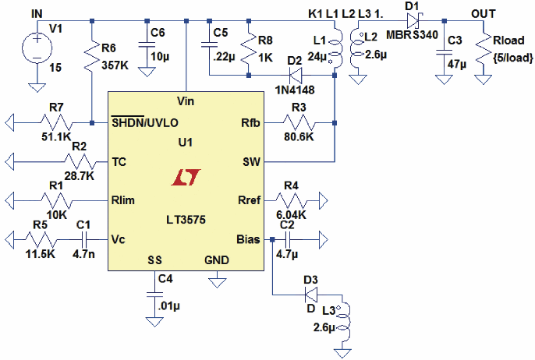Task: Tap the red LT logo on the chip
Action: tap(184, 178)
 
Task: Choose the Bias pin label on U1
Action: tap(249, 238)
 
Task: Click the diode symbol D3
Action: tap(311, 295)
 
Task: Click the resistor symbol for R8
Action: tap(248, 49)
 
